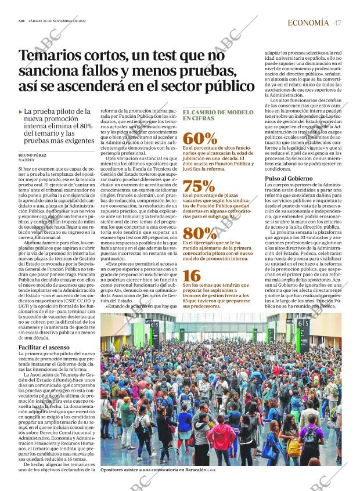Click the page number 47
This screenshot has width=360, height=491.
[x=337, y=23]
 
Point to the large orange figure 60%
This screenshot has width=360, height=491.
[x=200, y=138]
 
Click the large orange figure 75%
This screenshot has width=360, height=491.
[x=199, y=186]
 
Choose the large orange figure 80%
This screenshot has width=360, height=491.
[x=200, y=233]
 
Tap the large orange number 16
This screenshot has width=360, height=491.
[x=192, y=276]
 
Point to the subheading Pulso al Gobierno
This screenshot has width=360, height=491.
[x=289, y=178]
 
